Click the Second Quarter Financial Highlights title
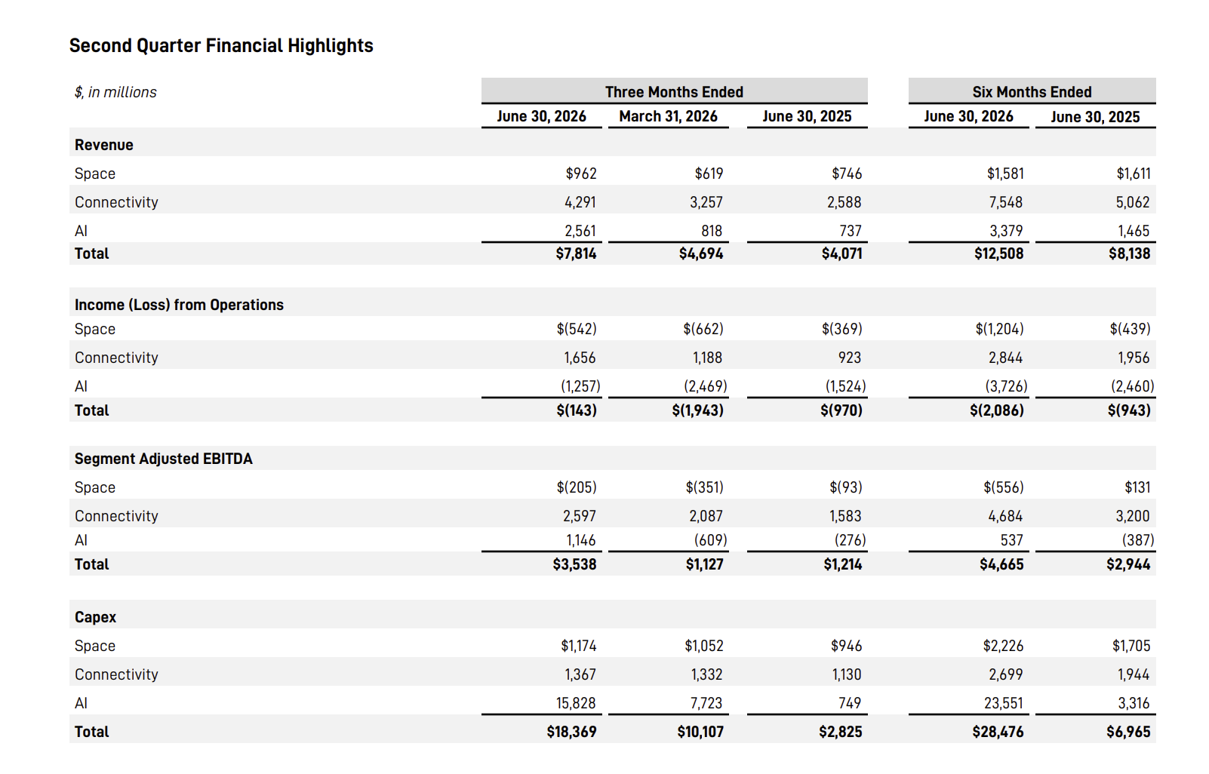pyautogui.click(x=221, y=46)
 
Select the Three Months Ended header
pyautogui.click(x=674, y=92)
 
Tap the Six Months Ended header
pyautogui.click(x=1032, y=92)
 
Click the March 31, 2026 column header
pyautogui.click(x=668, y=116)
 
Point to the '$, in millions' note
pyautogui.click(x=115, y=93)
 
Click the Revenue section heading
pyautogui.click(x=103, y=145)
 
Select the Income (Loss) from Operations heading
pyautogui.click(x=179, y=306)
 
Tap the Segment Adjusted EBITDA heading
pyautogui.click(x=164, y=459)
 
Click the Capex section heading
pyautogui.click(x=95, y=618)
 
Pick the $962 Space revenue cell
pyautogui.click(x=581, y=174)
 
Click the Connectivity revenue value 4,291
pyautogui.click(x=580, y=202)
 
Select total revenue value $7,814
pyautogui.click(x=576, y=253)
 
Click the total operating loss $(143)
pyautogui.click(x=577, y=410)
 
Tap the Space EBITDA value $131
pyautogui.click(x=1137, y=487)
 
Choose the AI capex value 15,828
pyautogui.click(x=576, y=703)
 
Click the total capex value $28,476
pyautogui.click(x=998, y=732)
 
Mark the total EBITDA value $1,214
pyautogui.click(x=842, y=565)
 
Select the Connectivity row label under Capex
pyautogui.click(x=116, y=674)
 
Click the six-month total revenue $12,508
pyautogui.click(x=998, y=253)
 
